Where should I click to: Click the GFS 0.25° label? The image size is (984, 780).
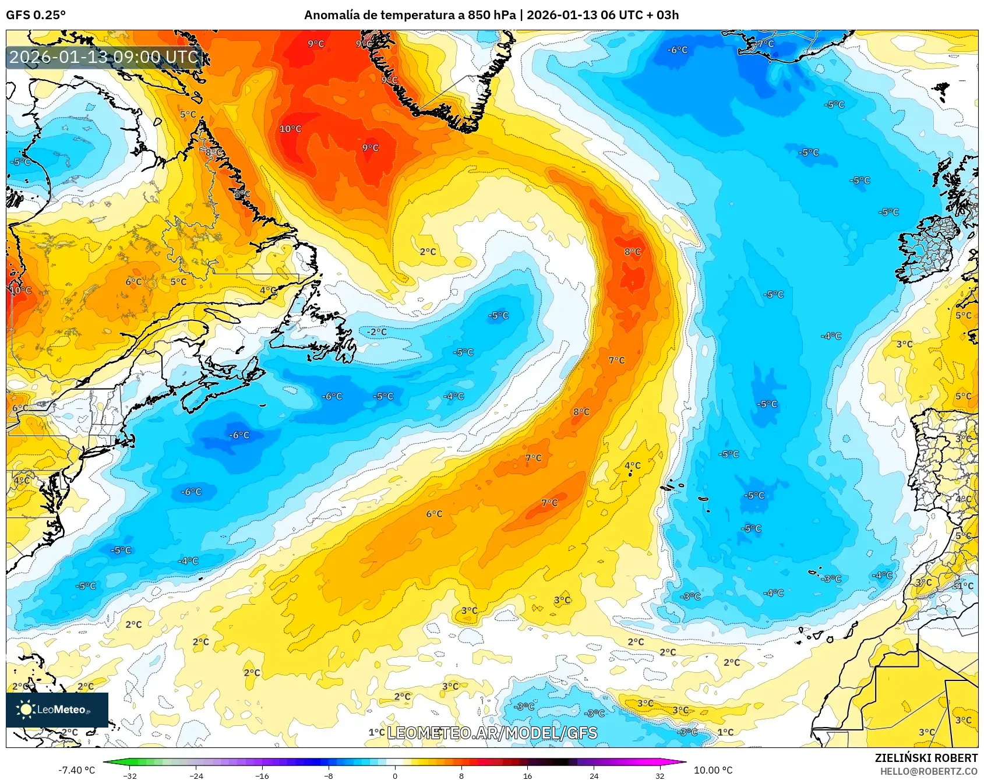[36, 15]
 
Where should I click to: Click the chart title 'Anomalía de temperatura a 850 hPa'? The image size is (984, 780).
[410, 15]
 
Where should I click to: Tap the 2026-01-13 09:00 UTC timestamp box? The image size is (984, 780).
[104, 57]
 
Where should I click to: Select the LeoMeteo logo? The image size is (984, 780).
[57, 710]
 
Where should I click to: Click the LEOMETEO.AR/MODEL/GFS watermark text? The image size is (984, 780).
[492, 733]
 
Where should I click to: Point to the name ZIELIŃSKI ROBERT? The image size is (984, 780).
[926, 758]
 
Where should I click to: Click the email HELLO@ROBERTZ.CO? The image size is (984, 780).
[929, 771]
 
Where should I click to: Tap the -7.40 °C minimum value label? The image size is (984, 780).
[76, 770]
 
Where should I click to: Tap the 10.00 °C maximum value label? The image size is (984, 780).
[713, 770]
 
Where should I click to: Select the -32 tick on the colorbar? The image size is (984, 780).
[131, 775]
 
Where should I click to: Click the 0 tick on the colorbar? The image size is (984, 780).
[395, 775]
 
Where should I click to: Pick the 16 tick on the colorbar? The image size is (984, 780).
[527, 775]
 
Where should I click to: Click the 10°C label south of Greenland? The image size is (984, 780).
[290, 129]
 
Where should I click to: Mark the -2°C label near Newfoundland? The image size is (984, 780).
[376, 331]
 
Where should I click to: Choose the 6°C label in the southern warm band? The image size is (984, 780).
[434, 514]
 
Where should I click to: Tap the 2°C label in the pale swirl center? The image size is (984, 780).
[428, 252]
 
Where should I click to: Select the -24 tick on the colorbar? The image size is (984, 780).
[197, 775]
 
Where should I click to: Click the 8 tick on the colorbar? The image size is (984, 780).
[461, 775]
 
